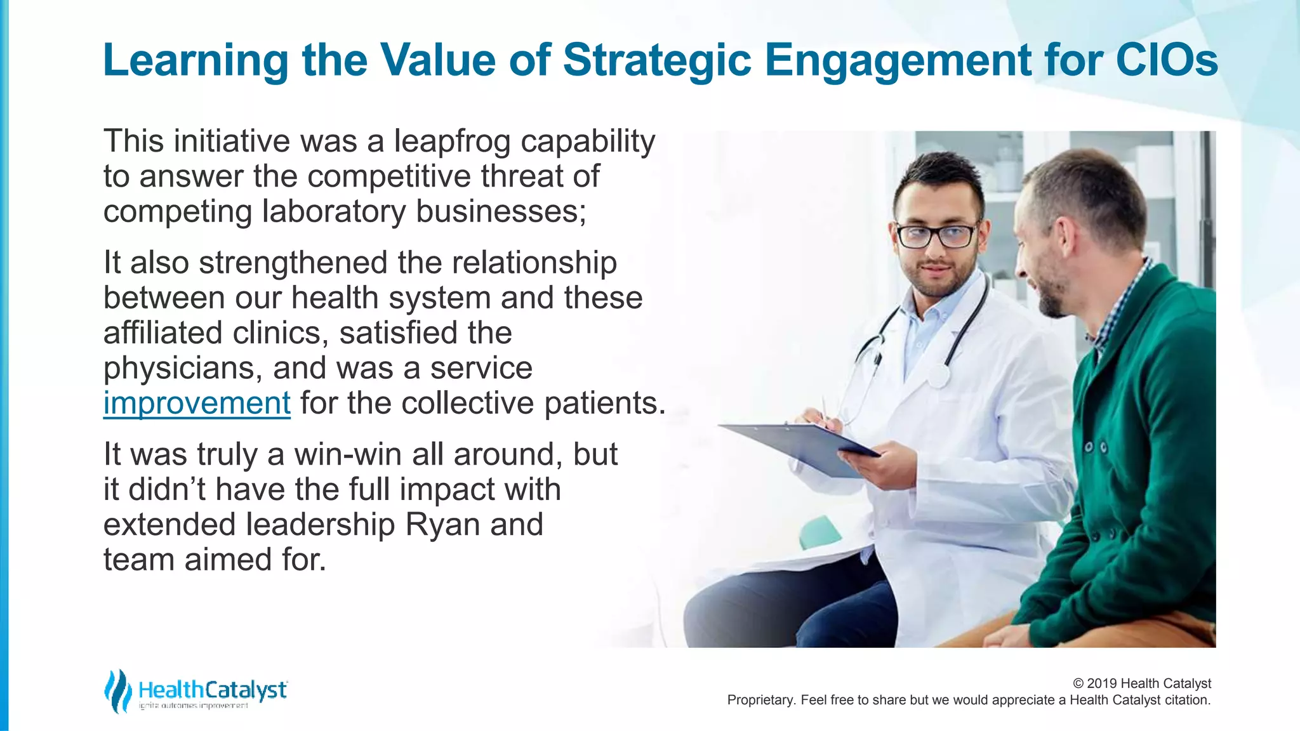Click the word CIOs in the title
coord(1167,60)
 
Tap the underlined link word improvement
coord(197,404)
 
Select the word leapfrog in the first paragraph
coord(452,142)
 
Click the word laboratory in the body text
coord(333,211)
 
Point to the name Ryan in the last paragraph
coord(442,525)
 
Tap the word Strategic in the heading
coord(657,60)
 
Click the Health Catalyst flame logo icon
coord(117,691)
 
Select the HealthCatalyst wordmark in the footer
coord(213,690)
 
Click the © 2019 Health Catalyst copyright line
coord(1141,683)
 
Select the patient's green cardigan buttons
coord(1096,448)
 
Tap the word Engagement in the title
coord(898,60)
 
